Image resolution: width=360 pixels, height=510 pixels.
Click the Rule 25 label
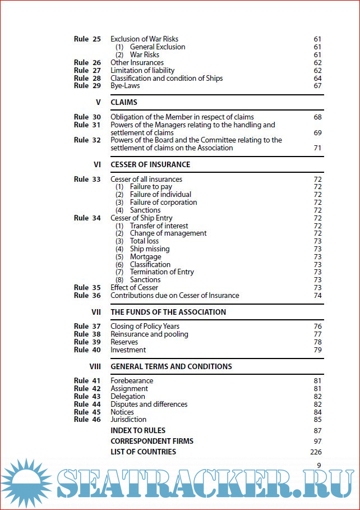tap(87, 39)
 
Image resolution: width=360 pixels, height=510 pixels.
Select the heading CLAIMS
tap(124, 103)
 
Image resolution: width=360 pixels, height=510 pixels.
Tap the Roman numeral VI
tap(97, 165)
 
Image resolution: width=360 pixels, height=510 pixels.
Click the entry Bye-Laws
tap(125, 86)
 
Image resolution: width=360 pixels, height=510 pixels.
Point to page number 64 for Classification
tap(317, 79)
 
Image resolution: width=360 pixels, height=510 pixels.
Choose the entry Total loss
tap(144, 241)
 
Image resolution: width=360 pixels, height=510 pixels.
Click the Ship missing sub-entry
tap(149, 249)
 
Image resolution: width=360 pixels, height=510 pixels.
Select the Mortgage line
tap(145, 257)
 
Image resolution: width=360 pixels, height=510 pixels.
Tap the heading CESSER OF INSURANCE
tap(150, 165)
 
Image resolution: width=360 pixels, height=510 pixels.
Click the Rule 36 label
tap(87, 296)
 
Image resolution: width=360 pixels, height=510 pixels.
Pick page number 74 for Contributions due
tap(317, 296)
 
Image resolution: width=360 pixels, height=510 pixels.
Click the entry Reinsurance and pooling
tap(149, 334)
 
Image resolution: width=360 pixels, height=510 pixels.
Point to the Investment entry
tap(128, 350)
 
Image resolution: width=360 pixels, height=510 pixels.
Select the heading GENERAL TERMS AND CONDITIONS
tap(171, 367)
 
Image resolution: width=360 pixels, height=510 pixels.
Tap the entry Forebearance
tap(132, 381)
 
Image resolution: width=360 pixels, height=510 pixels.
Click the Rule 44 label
tap(87, 405)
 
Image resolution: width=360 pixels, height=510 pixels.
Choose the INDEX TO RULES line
tap(138, 431)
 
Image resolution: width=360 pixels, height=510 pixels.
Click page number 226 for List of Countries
tap(316, 452)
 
